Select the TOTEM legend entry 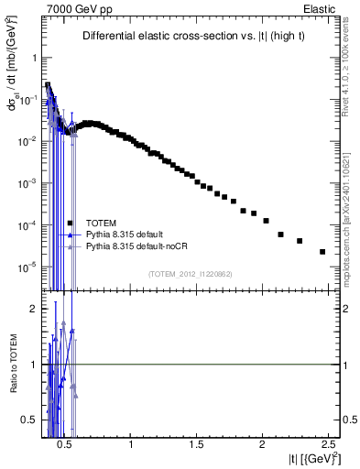pos(101,223)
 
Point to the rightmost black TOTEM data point pos(322,252)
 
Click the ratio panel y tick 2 pos(31,309)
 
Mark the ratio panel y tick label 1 pos(31,365)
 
